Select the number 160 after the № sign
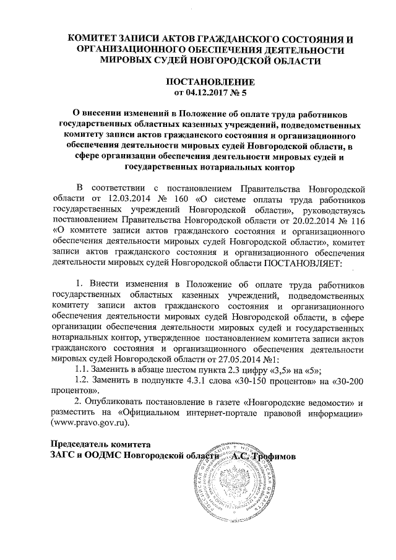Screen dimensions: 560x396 [185, 200]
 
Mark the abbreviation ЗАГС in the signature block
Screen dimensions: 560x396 [62, 456]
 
